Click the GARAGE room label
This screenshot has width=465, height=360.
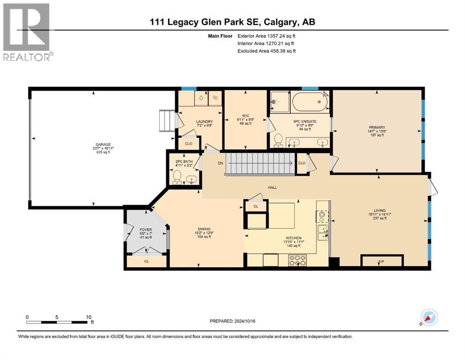click(98, 144)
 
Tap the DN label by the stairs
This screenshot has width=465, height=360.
click(220, 163)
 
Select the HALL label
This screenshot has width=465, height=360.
click(272, 187)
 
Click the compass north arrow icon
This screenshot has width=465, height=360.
click(428, 317)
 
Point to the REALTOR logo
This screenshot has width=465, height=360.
click(27, 32)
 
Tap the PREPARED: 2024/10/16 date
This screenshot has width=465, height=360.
click(233, 321)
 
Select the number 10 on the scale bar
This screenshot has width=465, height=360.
click(89, 317)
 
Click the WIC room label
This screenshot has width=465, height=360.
click(245, 116)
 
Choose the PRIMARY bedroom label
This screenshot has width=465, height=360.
click(376, 127)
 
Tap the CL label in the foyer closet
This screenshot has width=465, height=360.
click(147, 262)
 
